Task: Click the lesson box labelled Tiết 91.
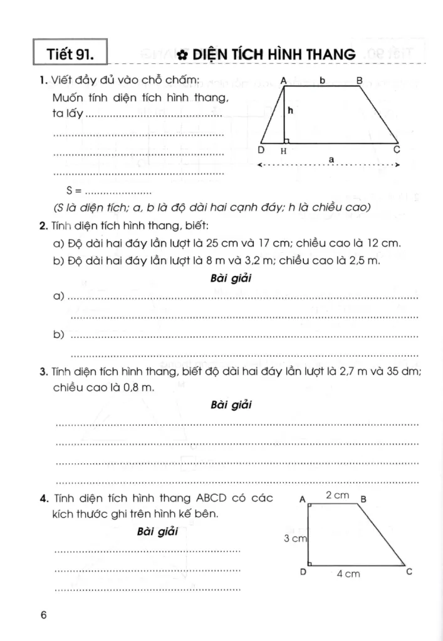[x=70, y=54]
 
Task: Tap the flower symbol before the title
[x=182, y=55]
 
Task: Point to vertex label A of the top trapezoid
[x=284, y=80]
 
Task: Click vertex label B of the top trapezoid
[x=359, y=80]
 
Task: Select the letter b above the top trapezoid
[x=321, y=79]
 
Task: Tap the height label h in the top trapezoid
[x=291, y=110]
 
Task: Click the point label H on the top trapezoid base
[x=284, y=151]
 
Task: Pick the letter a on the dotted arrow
[x=331, y=160]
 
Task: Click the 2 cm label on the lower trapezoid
[x=337, y=495]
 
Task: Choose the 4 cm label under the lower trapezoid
[x=348, y=574]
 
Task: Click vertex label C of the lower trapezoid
[x=409, y=571]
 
